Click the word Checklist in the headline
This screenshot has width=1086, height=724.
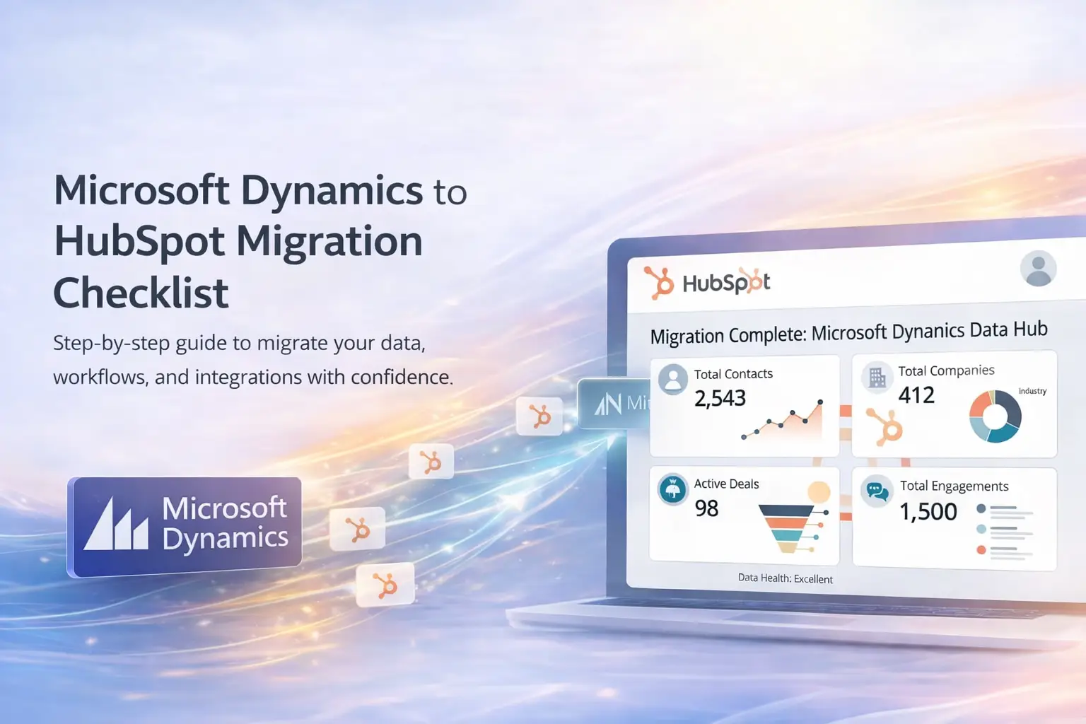141,293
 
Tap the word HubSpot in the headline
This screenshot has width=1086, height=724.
139,243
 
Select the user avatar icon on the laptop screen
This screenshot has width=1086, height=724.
1038,268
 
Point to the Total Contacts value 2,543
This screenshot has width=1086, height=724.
720,399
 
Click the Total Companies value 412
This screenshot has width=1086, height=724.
916,395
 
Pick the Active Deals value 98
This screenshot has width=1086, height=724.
706,508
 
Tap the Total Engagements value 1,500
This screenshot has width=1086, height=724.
928,512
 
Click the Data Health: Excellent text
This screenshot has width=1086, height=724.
786,578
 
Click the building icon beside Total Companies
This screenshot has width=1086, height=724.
877,377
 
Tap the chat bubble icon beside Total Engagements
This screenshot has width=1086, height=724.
877,491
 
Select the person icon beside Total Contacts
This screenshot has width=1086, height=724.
673,379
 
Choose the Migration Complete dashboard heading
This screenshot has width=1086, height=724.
848,333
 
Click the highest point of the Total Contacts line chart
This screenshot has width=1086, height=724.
820,402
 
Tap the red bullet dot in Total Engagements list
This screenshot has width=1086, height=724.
981,550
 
